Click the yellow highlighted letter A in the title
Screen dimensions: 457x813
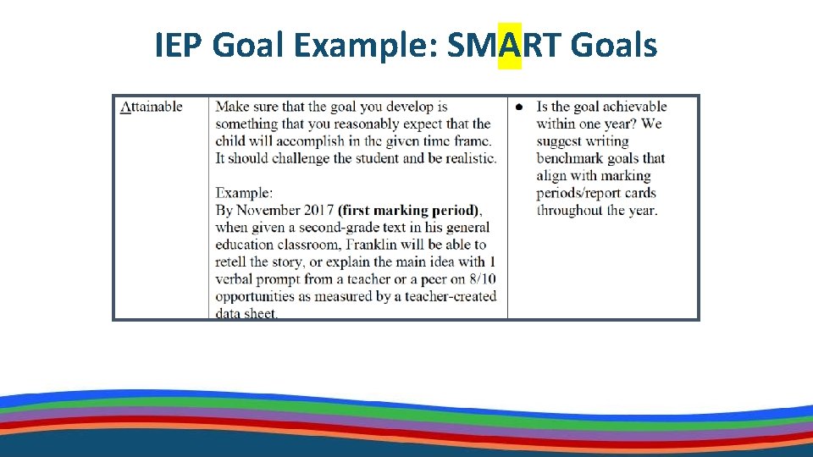(510, 45)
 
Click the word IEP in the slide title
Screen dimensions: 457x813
(179, 45)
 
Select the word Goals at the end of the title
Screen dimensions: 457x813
(614, 45)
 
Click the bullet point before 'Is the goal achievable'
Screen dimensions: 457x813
(519, 107)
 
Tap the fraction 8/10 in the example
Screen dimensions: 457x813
(484, 279)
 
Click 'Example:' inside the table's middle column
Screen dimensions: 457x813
(244, 193)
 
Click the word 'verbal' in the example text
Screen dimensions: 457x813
(235, 279)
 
